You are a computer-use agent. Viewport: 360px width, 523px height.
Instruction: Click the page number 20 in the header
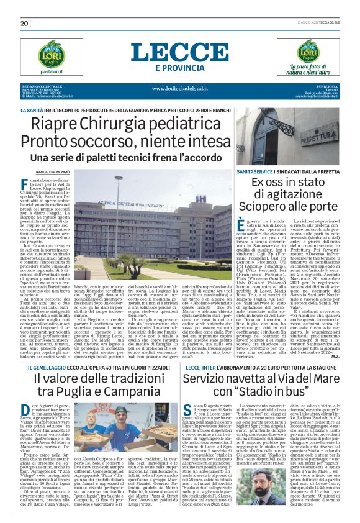[25, 24]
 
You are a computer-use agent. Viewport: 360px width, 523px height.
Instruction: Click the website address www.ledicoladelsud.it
[180, 88]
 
